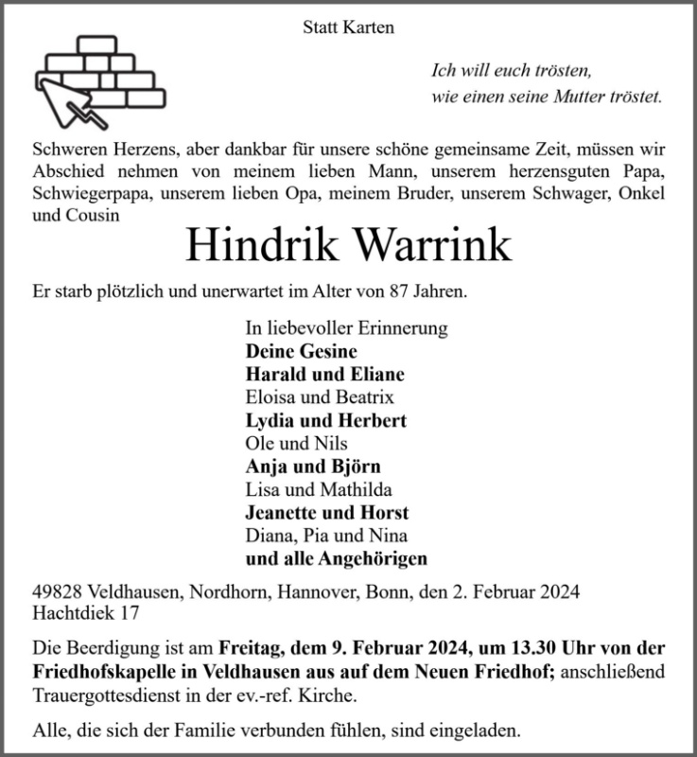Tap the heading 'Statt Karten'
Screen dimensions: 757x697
click(x=348, y=27)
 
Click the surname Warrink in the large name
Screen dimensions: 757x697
click(x=432, y=245)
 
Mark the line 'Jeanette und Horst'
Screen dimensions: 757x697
click(x=326, y=513)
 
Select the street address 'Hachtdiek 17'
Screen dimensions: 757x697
click(x=87, y=613)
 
